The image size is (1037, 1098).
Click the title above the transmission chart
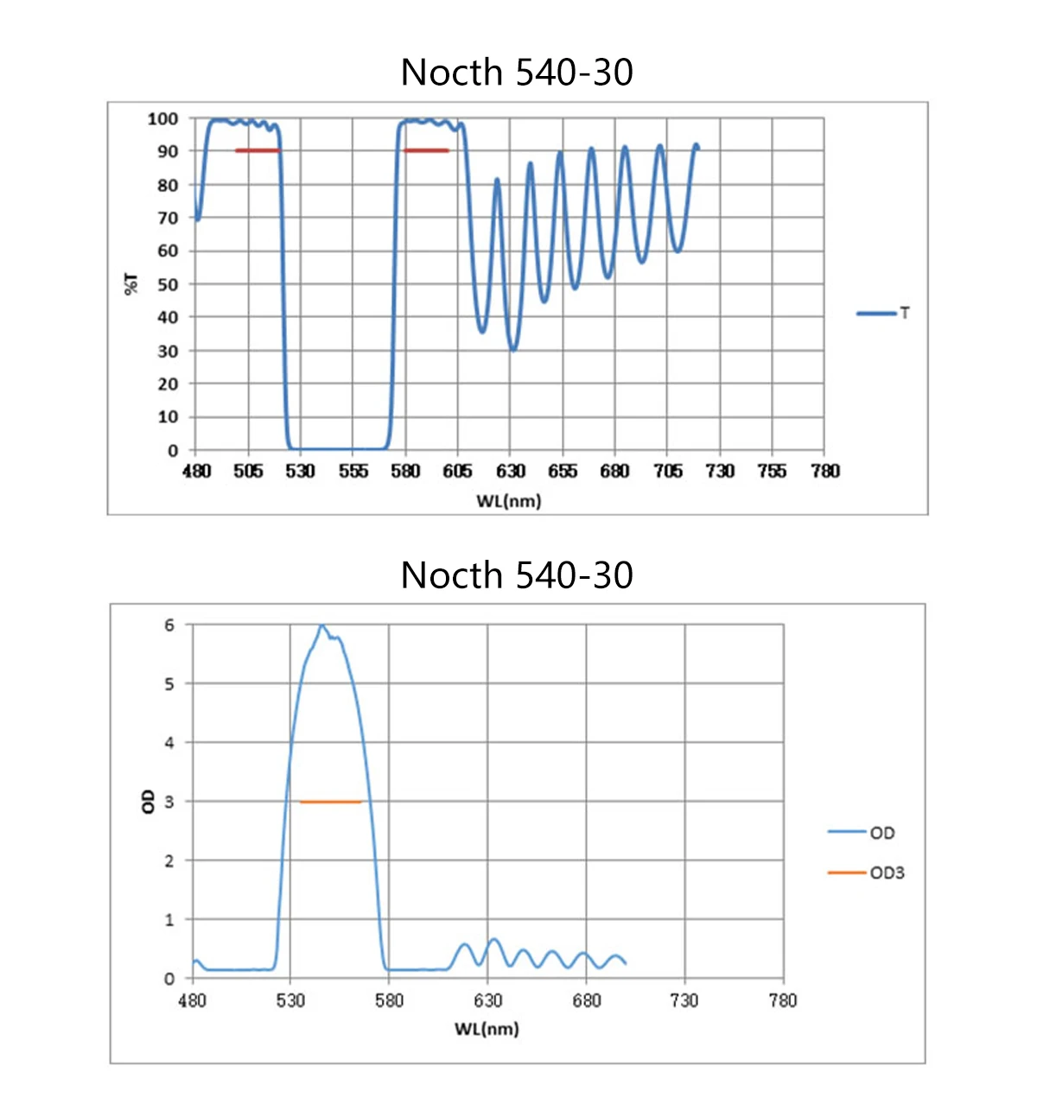517,73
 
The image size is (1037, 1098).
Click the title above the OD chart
517,575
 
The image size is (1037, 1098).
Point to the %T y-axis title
132,283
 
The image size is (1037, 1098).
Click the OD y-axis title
148,801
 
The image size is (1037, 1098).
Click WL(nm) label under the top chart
508,501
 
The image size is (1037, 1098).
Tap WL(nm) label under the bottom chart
487,1029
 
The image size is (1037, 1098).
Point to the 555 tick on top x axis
353,471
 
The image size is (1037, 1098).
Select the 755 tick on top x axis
772,471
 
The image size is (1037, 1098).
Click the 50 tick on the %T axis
168,284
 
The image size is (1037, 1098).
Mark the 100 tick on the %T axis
163,118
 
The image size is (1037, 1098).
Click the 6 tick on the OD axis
169,625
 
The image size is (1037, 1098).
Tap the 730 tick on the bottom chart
684,1000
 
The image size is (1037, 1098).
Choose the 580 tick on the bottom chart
389,1000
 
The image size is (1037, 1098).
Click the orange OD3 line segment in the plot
330,802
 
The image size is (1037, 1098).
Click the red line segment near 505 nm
258,150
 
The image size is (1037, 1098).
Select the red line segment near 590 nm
426,150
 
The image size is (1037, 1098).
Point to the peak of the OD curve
321,625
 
